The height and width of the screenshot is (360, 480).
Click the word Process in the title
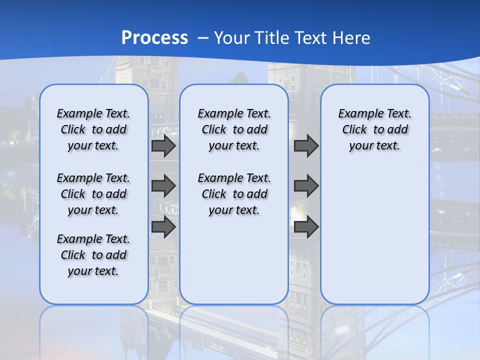[154, 37]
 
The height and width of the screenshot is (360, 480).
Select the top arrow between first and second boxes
[163, 146]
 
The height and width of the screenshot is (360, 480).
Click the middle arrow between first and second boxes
[163, 186]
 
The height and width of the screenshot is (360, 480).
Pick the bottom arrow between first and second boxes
[163, 226]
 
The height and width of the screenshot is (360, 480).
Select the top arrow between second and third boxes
[306, 146]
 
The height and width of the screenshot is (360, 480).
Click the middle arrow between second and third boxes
[306, 186]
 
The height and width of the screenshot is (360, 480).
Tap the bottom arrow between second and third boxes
[306, 226]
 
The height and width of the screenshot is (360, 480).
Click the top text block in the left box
[93, 129]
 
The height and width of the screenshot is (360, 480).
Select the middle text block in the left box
[93, 194]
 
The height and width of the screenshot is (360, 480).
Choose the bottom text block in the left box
[93, 255]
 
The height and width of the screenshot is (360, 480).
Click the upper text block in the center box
[234, 129]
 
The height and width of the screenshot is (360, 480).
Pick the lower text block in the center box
[234, 194]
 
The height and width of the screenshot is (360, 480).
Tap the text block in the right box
[375, 129]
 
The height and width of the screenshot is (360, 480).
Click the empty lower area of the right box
[375, 240]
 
